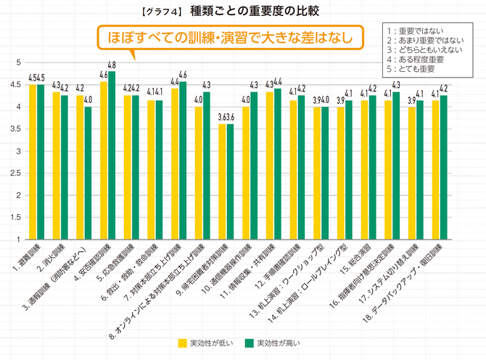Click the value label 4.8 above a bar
(112, 65)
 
